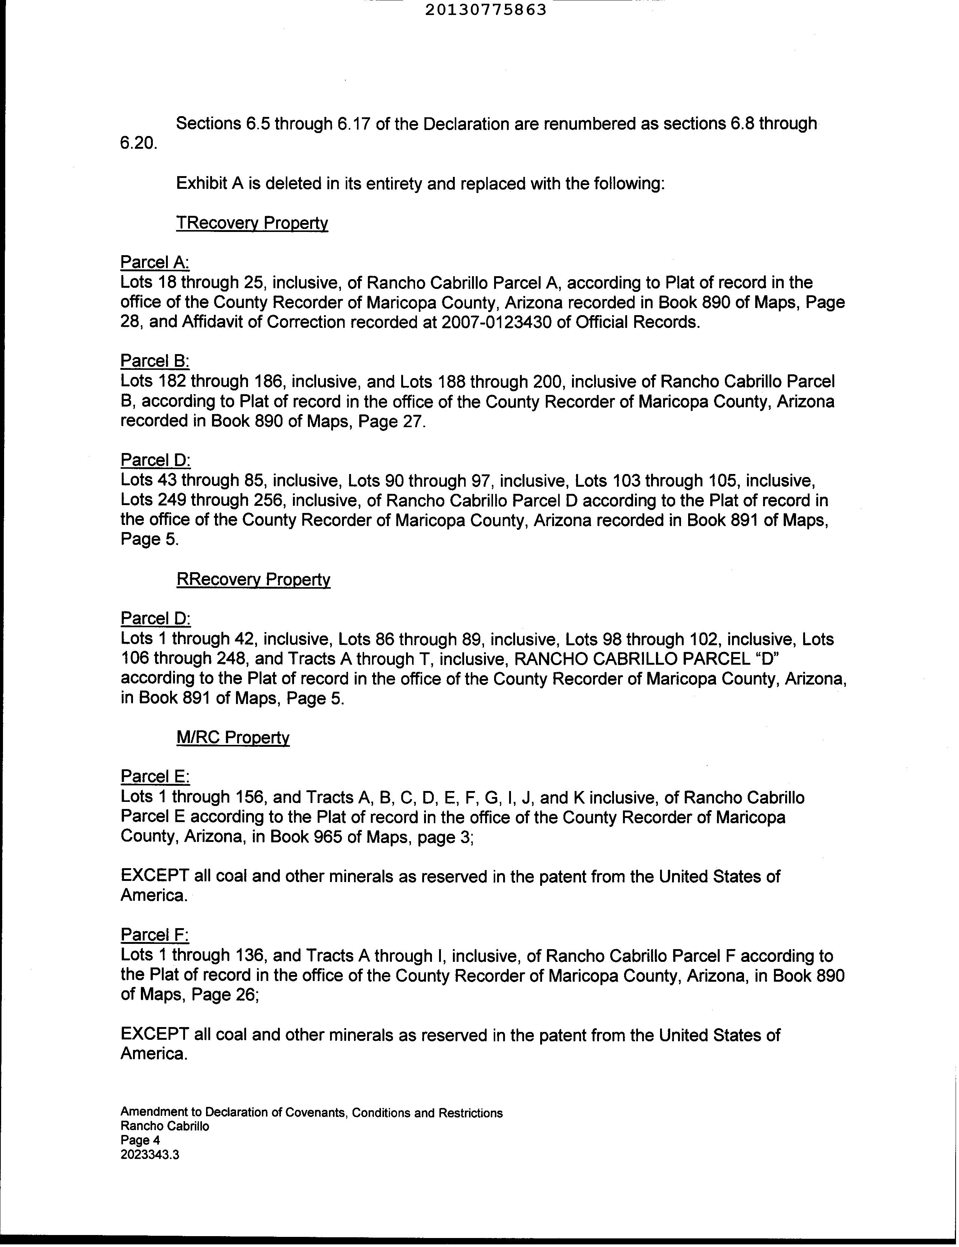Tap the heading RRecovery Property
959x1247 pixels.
coord(254,580)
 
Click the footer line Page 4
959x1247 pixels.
coord(140,1140)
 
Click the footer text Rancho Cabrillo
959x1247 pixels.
coord(164,1126)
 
